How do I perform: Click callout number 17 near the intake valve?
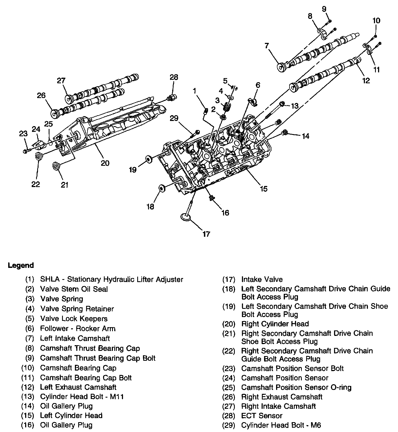(x=206, y=234)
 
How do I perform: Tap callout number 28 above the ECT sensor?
(x=174, y=77)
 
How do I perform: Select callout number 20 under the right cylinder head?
(x=105, y=163)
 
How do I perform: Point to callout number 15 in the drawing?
(x=264, y=189)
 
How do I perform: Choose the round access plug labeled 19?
(x=149, y=159)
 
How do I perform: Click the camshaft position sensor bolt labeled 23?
(x=26, y=151)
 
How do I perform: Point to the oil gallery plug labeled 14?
(x=285, y=133)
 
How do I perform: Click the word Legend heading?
(x=21, y=265)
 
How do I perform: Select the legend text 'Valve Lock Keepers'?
(x=74, y=318)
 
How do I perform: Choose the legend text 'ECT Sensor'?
(x=262, y=416)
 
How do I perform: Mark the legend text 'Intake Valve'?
(x=262, y=279)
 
